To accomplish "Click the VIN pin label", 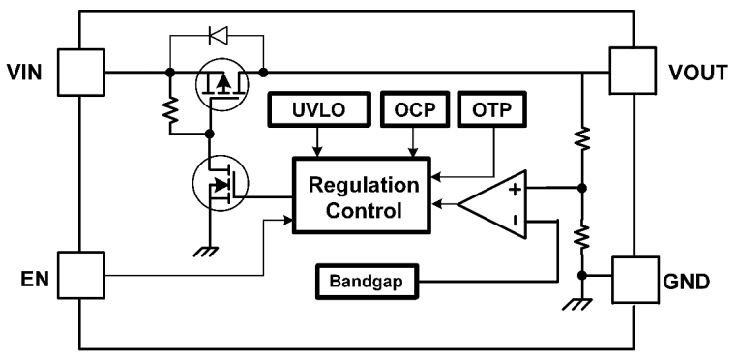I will (25, 72).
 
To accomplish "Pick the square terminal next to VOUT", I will (634, 72).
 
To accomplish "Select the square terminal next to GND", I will (634, 282).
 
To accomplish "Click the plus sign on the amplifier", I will (515, 189).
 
